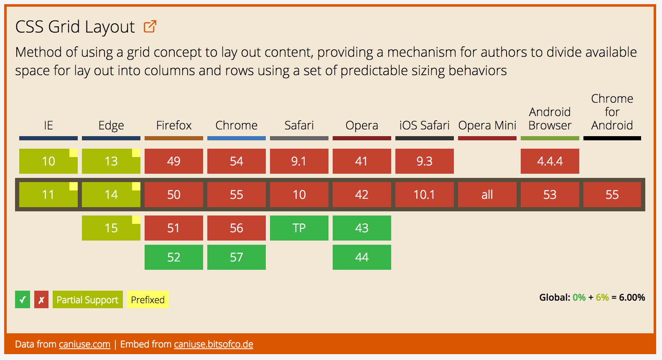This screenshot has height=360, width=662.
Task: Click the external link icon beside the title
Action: coord(150,27)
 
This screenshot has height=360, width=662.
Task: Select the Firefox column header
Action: coord(174,125)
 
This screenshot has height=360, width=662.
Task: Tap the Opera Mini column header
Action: coord(487,125)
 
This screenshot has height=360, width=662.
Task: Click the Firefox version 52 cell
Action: coord(174,257)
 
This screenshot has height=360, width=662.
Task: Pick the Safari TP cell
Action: coord(299,228)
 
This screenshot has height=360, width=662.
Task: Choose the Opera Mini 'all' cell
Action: coord(487,195)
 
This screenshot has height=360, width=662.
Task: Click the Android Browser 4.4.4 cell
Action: coord(550,161)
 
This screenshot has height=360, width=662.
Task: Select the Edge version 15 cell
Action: coord(111,228)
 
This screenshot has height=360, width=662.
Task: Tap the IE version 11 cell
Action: coord(48,195)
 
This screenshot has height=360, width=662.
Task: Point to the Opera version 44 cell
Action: coord(362,257)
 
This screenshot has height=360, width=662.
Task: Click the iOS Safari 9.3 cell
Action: coord(424,161)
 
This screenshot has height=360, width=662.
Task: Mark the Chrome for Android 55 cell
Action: coord(612,195)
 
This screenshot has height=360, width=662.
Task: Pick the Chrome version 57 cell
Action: coord(237,257)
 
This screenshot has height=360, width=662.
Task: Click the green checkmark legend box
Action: coord(23,300)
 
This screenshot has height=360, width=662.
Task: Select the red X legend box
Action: coord(41,300)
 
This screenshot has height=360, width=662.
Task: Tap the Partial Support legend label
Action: coord(87,300)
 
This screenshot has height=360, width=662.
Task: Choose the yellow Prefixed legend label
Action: coord(148,300)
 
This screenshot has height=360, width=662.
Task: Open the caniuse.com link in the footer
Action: coord(84,345)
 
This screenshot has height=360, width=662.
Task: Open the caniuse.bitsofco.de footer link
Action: coord(214,345)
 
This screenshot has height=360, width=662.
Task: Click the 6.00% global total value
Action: coord(632,297)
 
